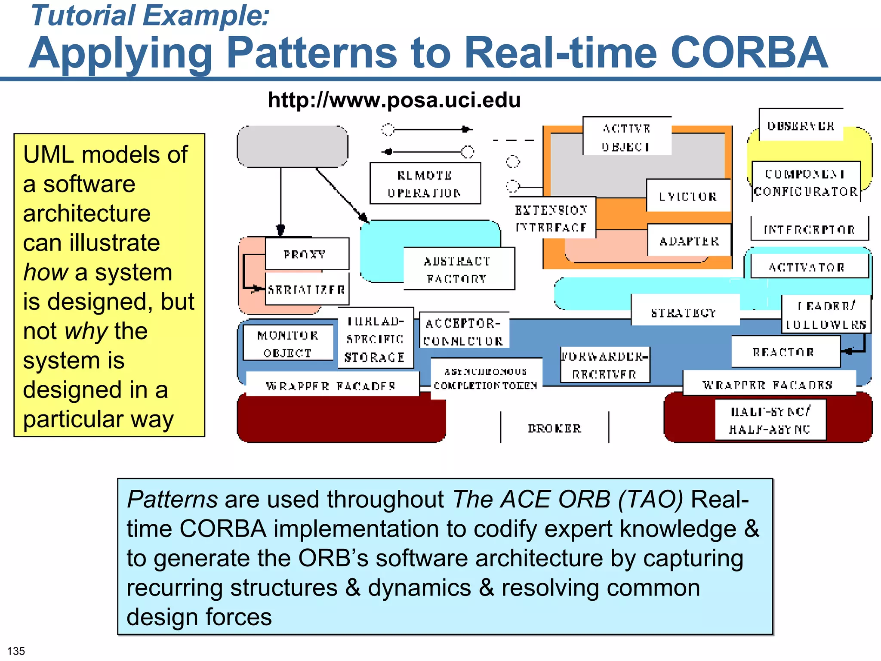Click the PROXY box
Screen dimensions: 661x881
click(x=306, y=254)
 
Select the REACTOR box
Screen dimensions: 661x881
click(x=786, y=352)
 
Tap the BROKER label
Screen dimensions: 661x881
click(x=554, y=428)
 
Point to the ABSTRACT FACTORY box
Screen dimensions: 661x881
click(x=459, y=269)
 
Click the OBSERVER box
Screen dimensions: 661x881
click(x=801, y=126)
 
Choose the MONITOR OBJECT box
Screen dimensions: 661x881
click(x=288, y=343)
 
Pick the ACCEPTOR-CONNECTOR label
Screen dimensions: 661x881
click(x=464, y=331)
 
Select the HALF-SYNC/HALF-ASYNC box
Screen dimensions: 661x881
click(x=770, y=420)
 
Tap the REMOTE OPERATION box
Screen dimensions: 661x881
click(x=425, y=184)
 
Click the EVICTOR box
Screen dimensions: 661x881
click(x=688, y=196)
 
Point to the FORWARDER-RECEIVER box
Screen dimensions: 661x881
click(x=605, y=365)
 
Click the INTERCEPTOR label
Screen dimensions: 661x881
click(x=809, y=229)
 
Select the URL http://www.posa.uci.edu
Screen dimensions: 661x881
click(x=394, y=100)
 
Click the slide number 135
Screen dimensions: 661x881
click(x=16, y=651)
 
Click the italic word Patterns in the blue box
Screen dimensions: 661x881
click(x=172, y=499)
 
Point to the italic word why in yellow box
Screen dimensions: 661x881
click(x=86, y=331)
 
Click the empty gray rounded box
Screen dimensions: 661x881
click(x=293, y=146)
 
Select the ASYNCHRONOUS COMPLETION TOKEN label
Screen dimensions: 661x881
click(x=486, y=378)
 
